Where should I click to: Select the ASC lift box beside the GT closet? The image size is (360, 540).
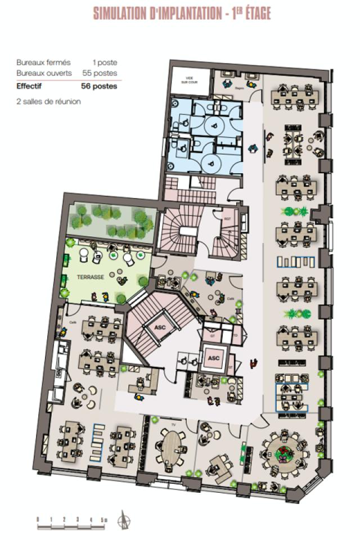coord(214,358)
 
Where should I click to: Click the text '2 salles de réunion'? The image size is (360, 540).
coord(48,102)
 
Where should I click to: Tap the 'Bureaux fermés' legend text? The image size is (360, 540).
coord(38,62)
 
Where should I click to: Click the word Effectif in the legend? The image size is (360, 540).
coord(29,86)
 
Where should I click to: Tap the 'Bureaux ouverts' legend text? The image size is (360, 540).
coord(39,73)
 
